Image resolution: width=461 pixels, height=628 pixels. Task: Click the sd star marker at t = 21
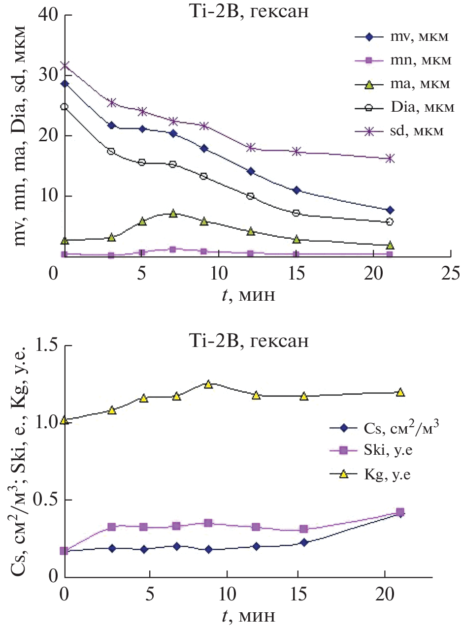[x=390, y=158]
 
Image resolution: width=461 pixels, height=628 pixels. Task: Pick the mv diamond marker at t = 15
[x=296, y=190]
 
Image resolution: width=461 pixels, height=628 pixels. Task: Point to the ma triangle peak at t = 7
[x=173, y=213]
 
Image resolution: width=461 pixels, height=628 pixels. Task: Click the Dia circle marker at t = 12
[x=250, y=196]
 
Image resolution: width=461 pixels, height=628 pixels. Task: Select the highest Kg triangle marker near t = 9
[x=208, y=384]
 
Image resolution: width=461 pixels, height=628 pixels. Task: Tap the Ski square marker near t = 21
[x=400, y=512]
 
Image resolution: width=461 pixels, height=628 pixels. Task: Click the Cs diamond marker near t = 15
[x=304, y=542]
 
